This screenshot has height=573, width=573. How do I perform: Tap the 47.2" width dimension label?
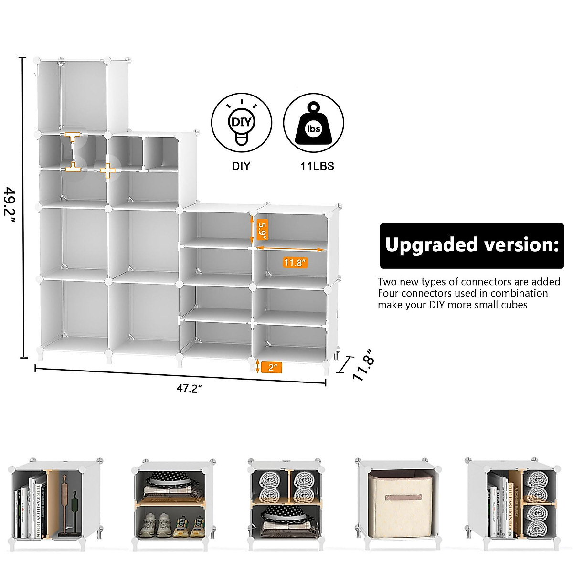(x=190, y=388)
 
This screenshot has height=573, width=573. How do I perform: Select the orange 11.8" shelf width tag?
(x=295, y=262)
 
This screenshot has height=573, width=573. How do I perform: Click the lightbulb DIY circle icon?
(x=242, y=123)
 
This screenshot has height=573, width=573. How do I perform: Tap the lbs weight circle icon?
(x=313, y=123)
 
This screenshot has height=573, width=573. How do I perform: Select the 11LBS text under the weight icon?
(x=317, y=166)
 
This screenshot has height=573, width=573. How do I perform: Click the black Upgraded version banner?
(x=471, y=245)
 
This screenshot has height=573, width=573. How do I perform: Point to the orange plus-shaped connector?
(x=108, y=170)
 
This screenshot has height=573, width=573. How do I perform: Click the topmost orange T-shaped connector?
(x=73, y=137)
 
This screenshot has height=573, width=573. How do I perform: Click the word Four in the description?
(x=388, y=293)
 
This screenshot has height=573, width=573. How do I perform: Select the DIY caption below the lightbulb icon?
(x=241, y=166)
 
